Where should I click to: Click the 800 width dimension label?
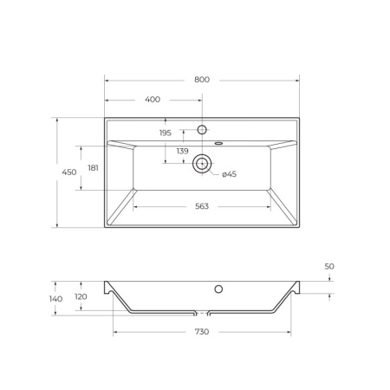(202, 80)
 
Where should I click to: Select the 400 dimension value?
(153, 100)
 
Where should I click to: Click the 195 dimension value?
(166, 133)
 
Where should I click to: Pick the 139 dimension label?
(183, 152)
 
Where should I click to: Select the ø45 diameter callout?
(229, 175)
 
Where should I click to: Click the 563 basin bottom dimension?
(202, 206)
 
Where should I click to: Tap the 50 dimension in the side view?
(329, 266)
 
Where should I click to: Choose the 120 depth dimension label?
(81, 296)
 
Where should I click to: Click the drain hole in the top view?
(203, 163)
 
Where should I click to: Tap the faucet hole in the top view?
(202, 130)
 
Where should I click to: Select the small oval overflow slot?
(218, 141)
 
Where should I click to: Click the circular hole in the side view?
(219, 289)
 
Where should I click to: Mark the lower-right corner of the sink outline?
(299, 228)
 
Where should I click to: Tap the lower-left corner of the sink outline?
(105, 228)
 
